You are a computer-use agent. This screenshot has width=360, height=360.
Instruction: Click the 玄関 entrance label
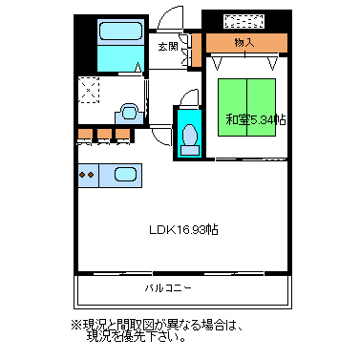pos(168,47)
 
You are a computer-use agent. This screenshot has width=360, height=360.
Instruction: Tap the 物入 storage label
pos(244,42)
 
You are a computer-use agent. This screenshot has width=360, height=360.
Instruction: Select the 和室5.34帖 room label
pos(256,120)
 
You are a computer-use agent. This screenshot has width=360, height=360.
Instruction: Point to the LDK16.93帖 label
pos(183,229)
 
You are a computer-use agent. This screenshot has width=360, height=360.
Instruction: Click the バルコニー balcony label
pos(168,288)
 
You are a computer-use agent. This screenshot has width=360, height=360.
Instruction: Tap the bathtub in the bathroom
pos(120,32)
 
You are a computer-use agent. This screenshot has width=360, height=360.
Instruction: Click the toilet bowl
pos(189,134)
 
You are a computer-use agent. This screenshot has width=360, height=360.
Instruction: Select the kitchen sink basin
pos(125,175)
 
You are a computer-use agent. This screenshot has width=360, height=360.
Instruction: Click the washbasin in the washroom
pos(129,113)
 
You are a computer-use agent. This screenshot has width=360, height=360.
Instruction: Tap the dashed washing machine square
pos(89,90)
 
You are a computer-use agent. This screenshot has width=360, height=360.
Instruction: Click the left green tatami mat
pos(232,107)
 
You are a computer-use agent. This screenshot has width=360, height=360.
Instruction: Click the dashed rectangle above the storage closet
pos(244,21)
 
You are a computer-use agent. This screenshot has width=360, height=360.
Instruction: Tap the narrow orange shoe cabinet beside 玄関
pos(197,50)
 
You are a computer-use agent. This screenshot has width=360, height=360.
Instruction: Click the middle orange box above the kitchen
pos(104,134)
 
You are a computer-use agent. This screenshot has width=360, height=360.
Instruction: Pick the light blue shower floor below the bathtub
pos(120,58)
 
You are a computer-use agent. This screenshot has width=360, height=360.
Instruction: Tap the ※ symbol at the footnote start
pos(76,326)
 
